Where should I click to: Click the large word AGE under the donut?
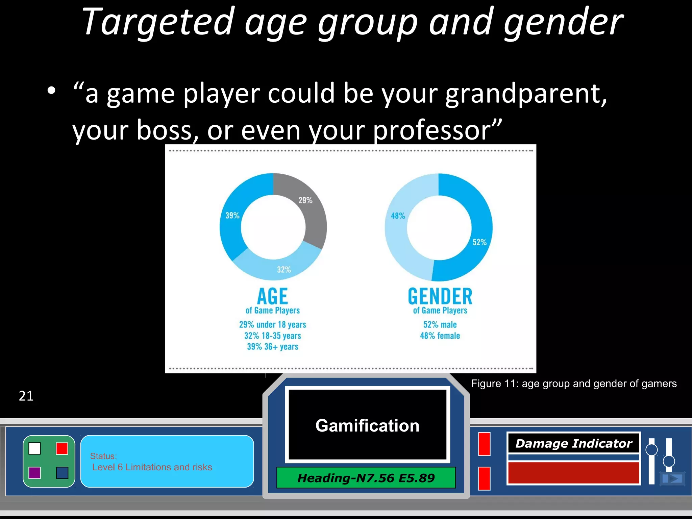tap(272, 296)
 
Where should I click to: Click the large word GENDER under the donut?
tap(440, 296)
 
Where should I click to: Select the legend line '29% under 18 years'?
tap(272, 325)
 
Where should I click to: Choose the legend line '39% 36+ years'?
tap(272, 347)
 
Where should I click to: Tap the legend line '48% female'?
tap(440, 336)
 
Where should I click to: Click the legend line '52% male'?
tap(440, 325)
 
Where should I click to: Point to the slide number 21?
tap(26, 396)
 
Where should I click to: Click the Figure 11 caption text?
tap(574, 384)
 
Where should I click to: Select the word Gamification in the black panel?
tap(367, 425)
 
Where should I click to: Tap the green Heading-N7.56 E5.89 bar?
tap(366, 478)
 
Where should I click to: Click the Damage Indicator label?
tap(573, 443)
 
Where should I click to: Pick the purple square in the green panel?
tap(35, 473)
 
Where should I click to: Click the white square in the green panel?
tap(35, 448)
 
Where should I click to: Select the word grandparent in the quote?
tap(525, 94)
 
